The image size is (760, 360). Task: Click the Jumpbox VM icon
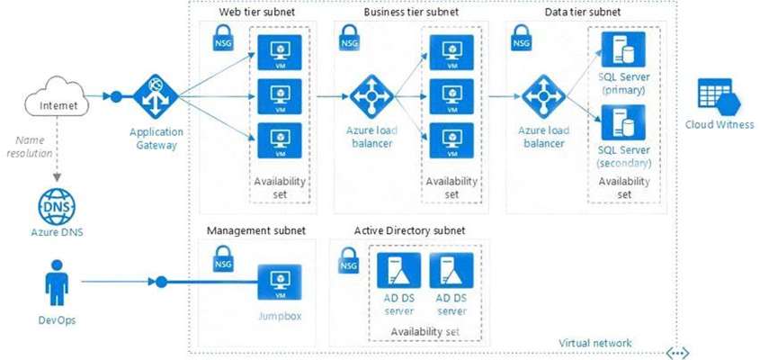pyautogui.click(x=280, y=282)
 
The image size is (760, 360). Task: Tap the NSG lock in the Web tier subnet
pyautogui.click(x=222, y=38)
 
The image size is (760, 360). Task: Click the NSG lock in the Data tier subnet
pyautogui.click(x=520, y=38)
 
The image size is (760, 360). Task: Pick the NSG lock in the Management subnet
pyautogui.click(x=222, y=259)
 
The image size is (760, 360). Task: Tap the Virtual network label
pyautogui.click(x=595, y=343)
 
